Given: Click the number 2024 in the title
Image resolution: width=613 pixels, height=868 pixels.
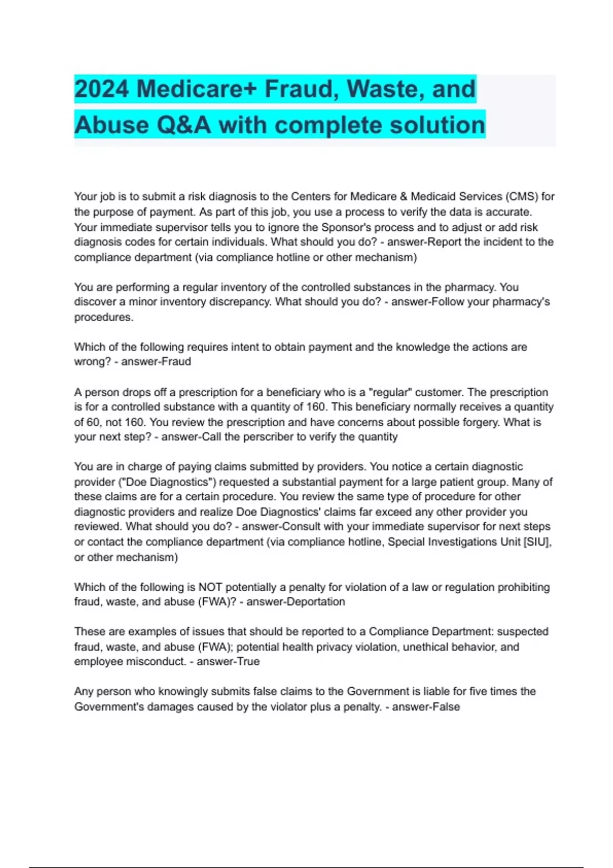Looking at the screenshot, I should tap(101, 89).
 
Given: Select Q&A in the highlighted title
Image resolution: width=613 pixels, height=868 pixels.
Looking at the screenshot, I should tap(184, 125).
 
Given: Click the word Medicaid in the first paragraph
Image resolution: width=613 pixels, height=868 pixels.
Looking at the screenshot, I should tap(432, 197).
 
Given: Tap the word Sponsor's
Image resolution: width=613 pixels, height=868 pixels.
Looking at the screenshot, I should tap(346, 227).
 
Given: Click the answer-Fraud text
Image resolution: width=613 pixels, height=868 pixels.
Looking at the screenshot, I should tap(156, 361).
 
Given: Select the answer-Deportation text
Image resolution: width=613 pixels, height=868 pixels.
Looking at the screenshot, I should tap(296, 602).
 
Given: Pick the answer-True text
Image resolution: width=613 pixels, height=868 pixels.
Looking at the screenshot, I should tap(228, 662).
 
